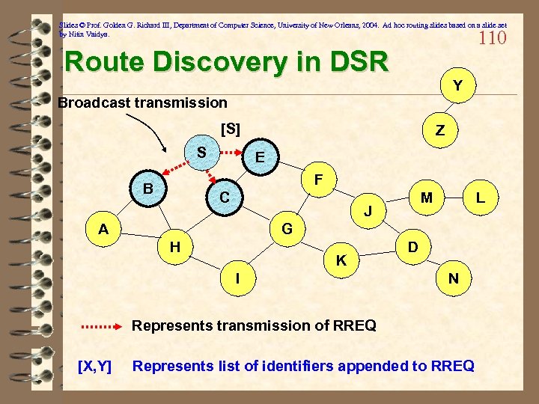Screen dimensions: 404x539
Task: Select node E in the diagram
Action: pos(259,157)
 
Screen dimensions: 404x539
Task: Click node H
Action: pos(174,246)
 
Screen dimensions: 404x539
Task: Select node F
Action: pos(318,180)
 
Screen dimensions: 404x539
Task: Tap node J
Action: pos(368,212)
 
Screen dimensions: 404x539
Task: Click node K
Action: pos(341,260)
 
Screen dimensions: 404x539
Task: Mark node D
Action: pos(412,245)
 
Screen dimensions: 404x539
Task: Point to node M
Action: pos(427,198)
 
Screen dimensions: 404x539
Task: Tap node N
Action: pos(454,278)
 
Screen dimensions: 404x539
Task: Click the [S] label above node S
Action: pos(231,129)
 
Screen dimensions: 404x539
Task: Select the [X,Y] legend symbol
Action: pos(95,366)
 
